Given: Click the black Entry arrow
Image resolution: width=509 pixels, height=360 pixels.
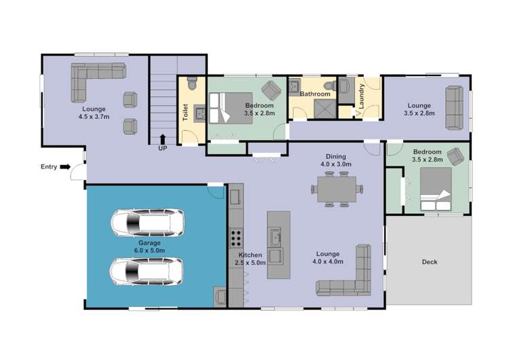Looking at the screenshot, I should (65, 166).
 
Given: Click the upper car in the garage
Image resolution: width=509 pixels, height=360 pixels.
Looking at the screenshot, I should (147, 222).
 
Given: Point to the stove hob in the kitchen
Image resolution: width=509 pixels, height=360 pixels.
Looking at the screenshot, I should (236, 238).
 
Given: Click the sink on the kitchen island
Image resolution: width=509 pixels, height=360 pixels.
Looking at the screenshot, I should (276, 237).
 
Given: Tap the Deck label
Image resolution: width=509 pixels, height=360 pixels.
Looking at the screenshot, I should (430, 262).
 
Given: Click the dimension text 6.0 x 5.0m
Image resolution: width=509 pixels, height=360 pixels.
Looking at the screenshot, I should (149, 251).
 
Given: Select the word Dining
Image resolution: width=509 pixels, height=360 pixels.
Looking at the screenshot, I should (336, 156).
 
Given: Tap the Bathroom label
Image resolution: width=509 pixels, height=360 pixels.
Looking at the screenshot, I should (314, 94).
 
